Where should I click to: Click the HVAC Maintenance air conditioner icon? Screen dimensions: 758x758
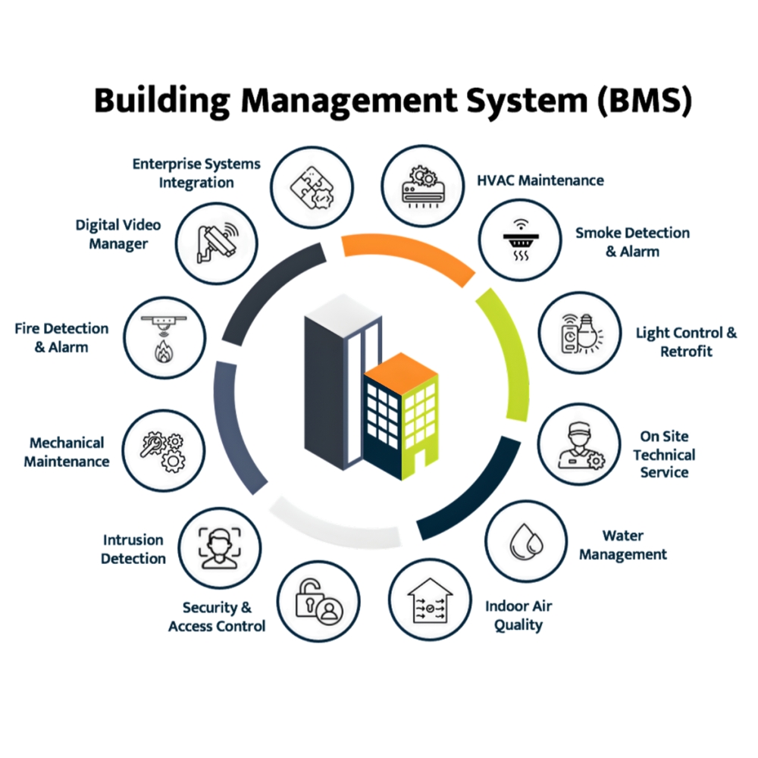tap(424, 186)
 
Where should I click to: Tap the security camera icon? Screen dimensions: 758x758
tap(217, 243)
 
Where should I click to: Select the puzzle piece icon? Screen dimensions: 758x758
tap(312, 187)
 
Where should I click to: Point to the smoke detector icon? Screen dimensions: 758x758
tap(521, 240)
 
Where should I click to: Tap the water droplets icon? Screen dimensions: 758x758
tap(527, 540)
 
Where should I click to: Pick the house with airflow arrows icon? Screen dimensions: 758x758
tap(430, 600)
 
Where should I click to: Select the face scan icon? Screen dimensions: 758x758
tap(220, 548)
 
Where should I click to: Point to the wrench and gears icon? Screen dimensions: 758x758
tap(163, 451)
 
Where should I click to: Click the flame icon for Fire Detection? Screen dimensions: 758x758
tap(164, 351)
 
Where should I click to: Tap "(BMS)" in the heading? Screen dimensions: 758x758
tap(645, 101)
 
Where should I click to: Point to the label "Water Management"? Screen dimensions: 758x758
tap(622, 545)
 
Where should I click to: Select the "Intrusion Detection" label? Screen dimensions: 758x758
tap(133, 549)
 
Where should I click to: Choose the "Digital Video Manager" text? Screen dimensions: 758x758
tap(118, 234)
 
